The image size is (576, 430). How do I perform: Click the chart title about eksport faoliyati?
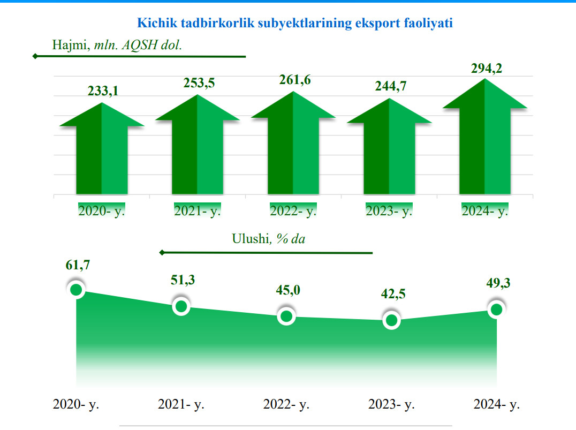[x=295, y=23]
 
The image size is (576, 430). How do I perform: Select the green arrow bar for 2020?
[x=102, y=155]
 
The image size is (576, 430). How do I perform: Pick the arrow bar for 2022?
[x=293, y=150]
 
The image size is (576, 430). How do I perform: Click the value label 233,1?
[x=103, y=92]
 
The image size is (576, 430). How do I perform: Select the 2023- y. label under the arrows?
[x=389, y=211]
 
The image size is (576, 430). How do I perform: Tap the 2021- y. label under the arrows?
[x=198, y=211]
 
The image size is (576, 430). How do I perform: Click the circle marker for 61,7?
[x=76, y=290]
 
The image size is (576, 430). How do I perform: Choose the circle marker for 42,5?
[x=391, y=320]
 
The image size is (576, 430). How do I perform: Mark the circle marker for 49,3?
[x=496, y=310]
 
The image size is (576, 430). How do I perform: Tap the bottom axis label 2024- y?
[x=496, y=404]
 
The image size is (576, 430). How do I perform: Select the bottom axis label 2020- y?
[x=76, y=404]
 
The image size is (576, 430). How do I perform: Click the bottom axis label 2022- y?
[x=286, y=404]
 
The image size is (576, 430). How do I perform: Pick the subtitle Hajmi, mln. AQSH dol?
[x=117, y=45]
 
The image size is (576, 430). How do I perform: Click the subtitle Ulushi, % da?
[x=268, y=239]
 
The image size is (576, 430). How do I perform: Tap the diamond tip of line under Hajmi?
[x=35, y=56]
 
